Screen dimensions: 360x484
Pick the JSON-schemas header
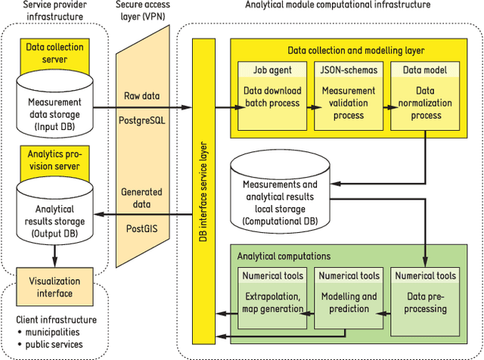pyautogui.click(x=344, y=70)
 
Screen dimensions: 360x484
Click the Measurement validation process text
pyautogui.click(x=344, y=103)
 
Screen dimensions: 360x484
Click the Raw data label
pyautogui.click(x=141, y=96)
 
